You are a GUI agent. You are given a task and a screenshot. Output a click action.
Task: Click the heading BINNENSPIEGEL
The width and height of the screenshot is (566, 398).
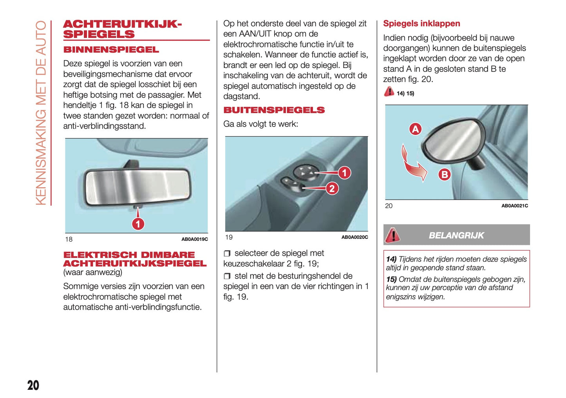(111, 50)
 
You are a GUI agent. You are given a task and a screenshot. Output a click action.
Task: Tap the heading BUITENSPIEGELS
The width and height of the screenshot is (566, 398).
(274, 110)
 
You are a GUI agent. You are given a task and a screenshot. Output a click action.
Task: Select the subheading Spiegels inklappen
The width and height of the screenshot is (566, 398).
(421, 23)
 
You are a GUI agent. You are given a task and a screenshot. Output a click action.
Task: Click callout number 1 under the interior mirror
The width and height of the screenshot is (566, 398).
(138, 224)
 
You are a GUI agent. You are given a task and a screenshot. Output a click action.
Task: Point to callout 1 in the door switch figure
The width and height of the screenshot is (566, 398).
(344, 173)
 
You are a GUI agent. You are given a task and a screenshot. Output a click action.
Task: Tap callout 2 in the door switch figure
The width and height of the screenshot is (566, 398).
(332, 189)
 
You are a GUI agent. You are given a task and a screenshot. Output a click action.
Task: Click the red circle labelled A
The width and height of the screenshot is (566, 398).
(415, 129)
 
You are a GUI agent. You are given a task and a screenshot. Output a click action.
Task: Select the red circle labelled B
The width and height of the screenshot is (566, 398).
(445, 174)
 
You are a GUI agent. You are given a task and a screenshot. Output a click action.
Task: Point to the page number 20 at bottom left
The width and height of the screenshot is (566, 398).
(33, 385)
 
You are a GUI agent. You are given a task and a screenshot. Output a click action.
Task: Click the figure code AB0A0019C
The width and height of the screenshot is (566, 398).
(194, 239)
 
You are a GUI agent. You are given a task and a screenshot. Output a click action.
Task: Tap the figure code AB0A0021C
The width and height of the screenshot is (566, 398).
(514, 206)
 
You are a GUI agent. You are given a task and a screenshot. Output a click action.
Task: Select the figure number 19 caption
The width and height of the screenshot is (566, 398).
(229, 237)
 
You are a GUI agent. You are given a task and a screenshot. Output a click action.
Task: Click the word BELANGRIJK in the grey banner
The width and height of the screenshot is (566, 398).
(456, 235)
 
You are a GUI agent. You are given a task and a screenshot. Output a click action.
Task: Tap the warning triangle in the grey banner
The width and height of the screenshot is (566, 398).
(392, 235)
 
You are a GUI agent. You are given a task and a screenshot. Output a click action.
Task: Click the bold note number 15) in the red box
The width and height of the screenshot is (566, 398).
(391, 279)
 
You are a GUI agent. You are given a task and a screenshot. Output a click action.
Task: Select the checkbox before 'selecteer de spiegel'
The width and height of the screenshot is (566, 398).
(227, 254)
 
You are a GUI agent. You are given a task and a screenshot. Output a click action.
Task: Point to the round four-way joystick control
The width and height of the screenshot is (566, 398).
(304, 172)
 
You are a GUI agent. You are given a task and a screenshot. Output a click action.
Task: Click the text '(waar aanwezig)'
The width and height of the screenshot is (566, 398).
(93, 272)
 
